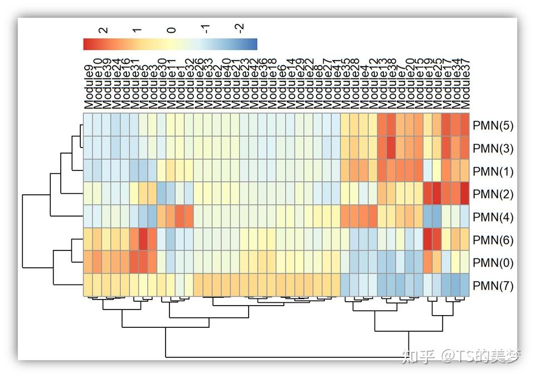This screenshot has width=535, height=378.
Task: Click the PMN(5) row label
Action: tap(493, 125)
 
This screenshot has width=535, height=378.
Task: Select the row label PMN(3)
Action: tap(493, 149)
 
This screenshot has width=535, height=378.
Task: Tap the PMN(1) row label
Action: tap(493, 171)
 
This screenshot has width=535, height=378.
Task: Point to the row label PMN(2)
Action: tap(493, 194)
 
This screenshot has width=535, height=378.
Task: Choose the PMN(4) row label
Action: tap(493, 217)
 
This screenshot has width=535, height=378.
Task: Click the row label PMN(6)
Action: tap(493, 240)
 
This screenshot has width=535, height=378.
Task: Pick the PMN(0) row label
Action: tap(493, 263)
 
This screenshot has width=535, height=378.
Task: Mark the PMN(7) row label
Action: tap(493, 286)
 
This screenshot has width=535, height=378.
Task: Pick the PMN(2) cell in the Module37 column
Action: tap(465, 194)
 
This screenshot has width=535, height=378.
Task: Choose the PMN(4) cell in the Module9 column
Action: tap(88, 217)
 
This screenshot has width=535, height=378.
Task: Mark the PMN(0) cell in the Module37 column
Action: tap(465, 262)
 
